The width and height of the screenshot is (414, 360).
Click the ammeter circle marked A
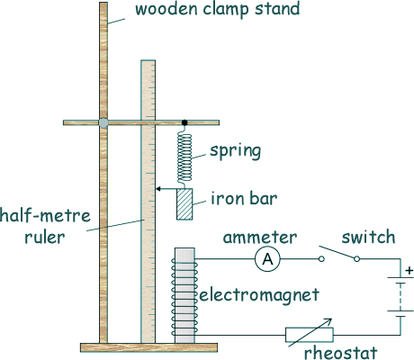[x=267, y=259]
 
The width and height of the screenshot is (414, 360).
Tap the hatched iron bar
[x=184, y=204]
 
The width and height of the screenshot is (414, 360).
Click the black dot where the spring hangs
[x=184, y=122]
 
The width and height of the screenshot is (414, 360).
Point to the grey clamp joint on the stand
[x=103, y=122]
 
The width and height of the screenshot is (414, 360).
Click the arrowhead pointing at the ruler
[x=158, y=189]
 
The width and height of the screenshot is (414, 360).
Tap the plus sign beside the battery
[x=409, y=271]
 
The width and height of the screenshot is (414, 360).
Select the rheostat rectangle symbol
[x=310, y=335]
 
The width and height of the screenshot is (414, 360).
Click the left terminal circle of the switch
[x=321, y=259]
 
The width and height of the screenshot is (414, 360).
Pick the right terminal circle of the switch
[x=356, y=259]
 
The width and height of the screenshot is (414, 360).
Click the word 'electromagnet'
[x=259, y=295]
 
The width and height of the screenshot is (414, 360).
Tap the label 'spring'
[x=235, y=150]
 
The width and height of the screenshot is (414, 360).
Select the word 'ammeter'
[x=260, y=238]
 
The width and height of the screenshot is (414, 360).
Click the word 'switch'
[x=368, y=237]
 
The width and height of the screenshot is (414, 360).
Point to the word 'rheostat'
[x=340, y=352]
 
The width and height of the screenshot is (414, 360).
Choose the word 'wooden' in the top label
[x=166, y=9]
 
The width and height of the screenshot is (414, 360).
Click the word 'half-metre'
[x=45, y=215]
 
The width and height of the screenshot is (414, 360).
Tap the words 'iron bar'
[x=244, y=199]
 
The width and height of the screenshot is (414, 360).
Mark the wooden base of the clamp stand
[x=148, y=347]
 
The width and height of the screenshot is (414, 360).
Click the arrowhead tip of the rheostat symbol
[x=331, y=319]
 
